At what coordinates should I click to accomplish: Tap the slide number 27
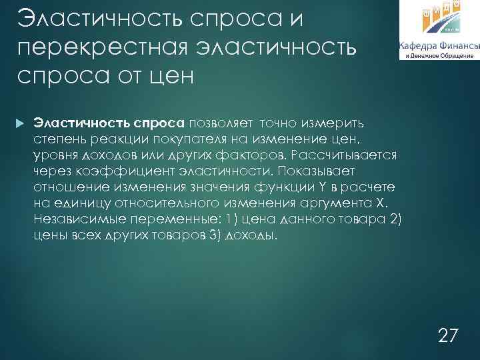coord(449,335)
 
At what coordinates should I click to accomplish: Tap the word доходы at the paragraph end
coord(252,235)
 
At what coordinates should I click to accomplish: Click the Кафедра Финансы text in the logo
coord(437,46)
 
